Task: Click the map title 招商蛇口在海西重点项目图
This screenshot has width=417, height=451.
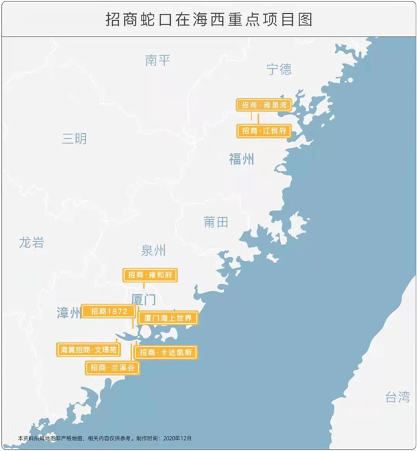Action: pos(208,19)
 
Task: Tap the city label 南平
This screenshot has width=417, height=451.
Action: pos(157,61)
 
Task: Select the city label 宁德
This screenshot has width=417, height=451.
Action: pos(279,69)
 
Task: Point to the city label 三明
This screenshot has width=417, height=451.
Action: pos(74,139)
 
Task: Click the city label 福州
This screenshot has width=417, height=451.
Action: pos(241,159)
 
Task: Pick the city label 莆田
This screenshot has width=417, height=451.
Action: pos(216,222)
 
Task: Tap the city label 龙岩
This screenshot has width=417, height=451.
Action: pos(31,242)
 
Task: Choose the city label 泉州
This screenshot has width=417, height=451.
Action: pos(153,250)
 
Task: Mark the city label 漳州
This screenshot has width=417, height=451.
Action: pos(68,312)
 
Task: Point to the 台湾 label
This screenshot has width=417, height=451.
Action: pos(397,398)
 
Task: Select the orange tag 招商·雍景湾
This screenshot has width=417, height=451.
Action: pos(264,105)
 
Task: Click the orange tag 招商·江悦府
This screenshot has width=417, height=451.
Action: pos(264,131)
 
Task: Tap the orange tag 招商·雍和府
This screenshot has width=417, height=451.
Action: pos(150,274)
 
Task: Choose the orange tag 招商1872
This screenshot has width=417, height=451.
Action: pos(107,311)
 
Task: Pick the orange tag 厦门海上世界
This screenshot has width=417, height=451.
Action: pos(167,318)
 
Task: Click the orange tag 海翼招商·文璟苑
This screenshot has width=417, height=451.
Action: pos(88,349)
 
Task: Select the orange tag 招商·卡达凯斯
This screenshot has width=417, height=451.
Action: pos(166,352)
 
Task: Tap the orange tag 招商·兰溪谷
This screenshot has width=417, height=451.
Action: pos(113,368)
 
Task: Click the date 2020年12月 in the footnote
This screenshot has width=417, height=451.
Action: pos(177,438)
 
